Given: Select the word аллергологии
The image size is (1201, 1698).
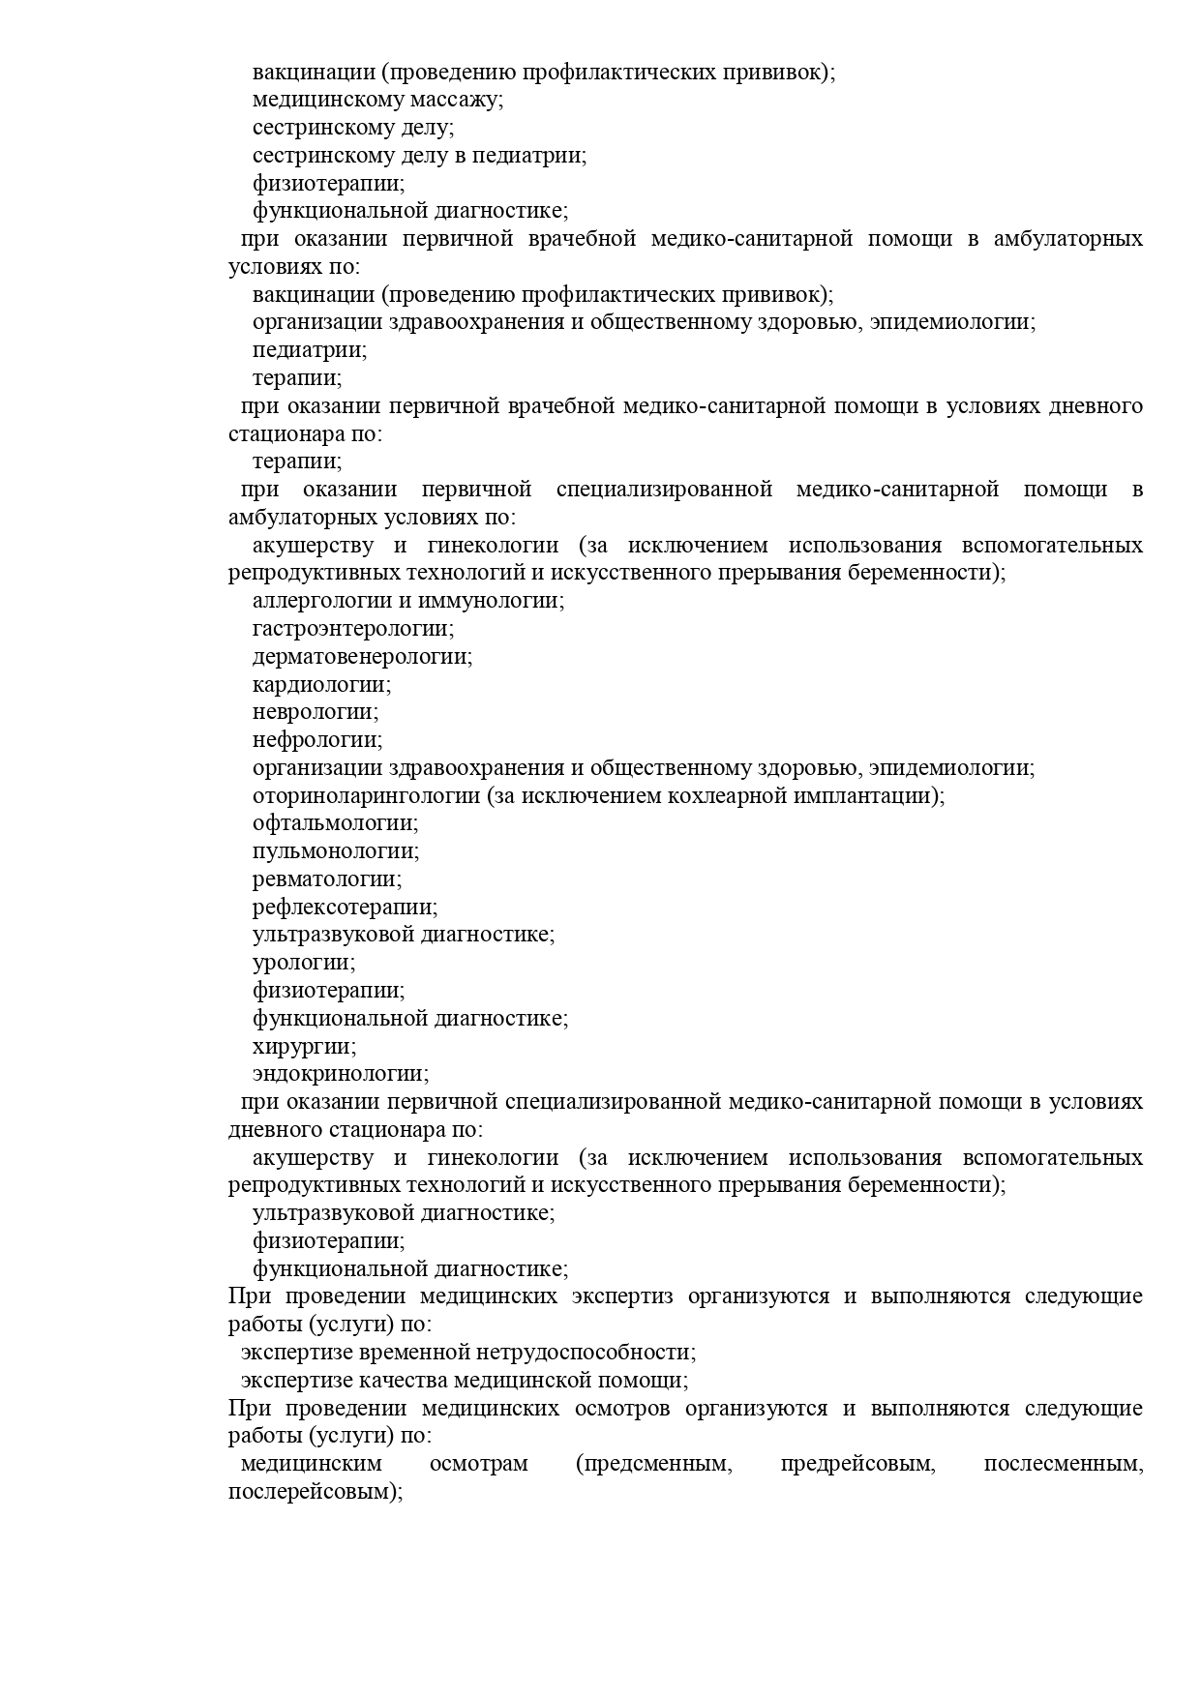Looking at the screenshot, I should click(313, 601).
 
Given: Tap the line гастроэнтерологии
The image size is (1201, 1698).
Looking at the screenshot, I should click(353, 629).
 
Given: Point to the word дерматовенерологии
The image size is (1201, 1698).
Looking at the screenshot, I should click(362, 657).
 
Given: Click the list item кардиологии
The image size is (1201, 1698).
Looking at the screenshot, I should click(321, 685).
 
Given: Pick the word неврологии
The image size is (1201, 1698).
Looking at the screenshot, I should click(315, 712).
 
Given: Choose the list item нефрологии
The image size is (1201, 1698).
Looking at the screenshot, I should click(317, 740).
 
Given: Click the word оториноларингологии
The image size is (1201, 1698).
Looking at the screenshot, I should click(366, 796).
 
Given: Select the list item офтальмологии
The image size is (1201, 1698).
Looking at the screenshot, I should click(335, 823).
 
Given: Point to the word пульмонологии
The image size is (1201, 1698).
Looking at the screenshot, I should click(336, 851).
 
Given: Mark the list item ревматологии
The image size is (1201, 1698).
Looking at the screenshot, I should click(327, 879).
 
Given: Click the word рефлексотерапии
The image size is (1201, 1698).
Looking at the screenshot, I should click(345, 908).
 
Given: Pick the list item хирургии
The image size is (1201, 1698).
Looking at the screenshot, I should click(304, 1047).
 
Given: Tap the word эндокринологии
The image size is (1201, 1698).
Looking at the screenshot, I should click(341, 1074).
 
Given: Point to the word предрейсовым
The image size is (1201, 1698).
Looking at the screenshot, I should click(857, 1464).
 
